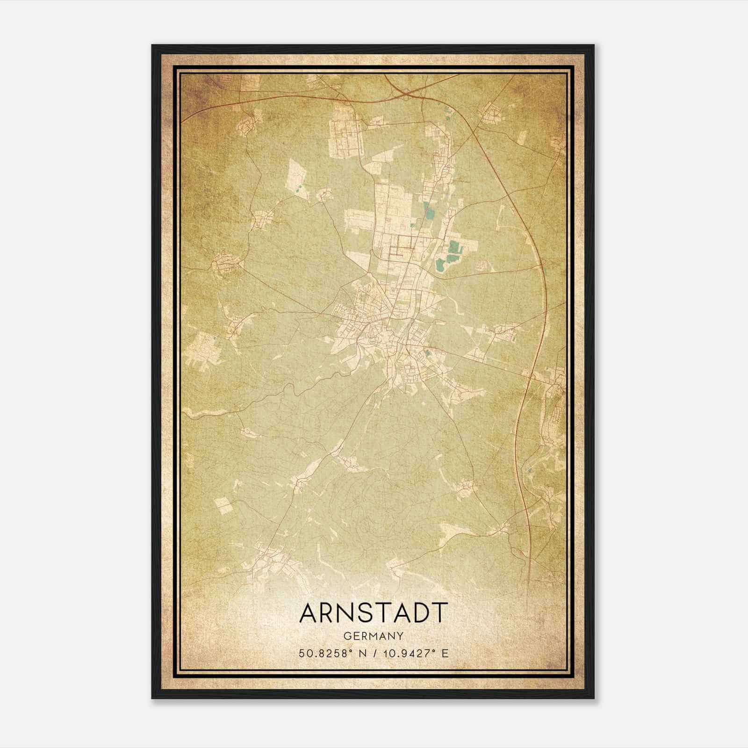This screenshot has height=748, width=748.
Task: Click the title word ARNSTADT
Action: point(374,612)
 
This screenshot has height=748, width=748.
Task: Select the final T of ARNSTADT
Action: point(439,612)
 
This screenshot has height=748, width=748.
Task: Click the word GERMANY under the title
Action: point(374,636)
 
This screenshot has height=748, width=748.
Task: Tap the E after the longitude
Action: point(445,653)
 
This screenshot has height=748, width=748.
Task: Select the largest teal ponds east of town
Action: point(451,253)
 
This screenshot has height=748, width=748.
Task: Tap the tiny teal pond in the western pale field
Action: point(298,190)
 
